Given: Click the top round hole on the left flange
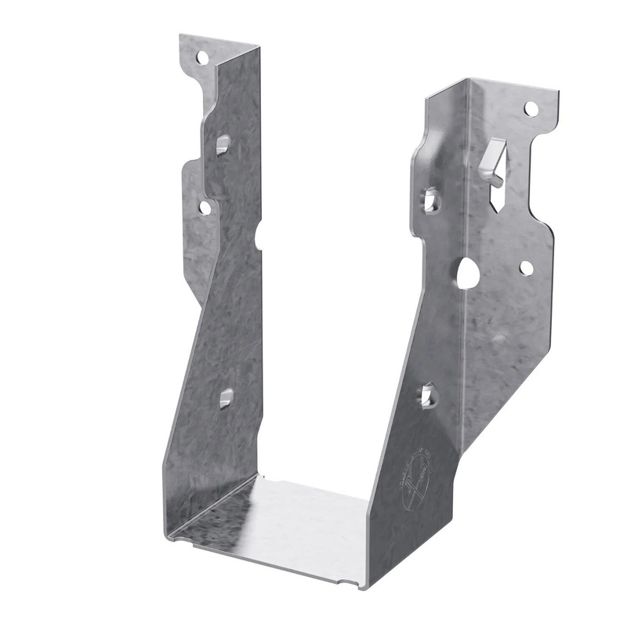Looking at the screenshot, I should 202,57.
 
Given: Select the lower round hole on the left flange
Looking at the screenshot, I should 205,208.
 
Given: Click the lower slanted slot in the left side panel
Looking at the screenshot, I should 227,397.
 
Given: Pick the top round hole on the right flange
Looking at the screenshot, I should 531,108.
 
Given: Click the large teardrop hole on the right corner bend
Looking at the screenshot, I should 469,272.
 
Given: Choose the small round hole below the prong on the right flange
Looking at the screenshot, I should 526,268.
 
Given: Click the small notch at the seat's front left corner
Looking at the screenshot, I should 177,538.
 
